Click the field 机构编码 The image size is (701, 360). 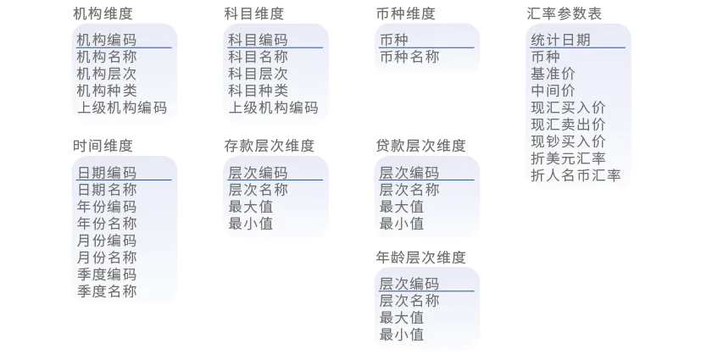[106, 40]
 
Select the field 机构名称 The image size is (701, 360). [106, 57]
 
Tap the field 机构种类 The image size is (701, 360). [106, 91]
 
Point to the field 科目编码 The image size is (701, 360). [258, 40]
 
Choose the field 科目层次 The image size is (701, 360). [258, 74]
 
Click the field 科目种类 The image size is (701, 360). [258, 91]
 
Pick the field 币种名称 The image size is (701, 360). [409, 57]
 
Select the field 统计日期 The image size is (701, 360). [560, 40]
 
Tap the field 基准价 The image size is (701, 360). [553, 74]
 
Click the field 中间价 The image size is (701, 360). [553, 91]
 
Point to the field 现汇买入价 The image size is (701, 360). [568, 108]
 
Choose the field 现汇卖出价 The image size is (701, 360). [568, 125]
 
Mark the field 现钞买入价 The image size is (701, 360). [568, 141]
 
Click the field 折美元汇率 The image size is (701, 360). [568, 158]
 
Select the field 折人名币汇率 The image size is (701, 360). [576, 175]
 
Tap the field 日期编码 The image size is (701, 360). [106, 173]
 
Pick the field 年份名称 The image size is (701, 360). [106, 224]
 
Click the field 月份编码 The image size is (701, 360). [106, 241]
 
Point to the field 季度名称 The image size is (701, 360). [106, 291]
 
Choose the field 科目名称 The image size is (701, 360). [258, 57]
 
